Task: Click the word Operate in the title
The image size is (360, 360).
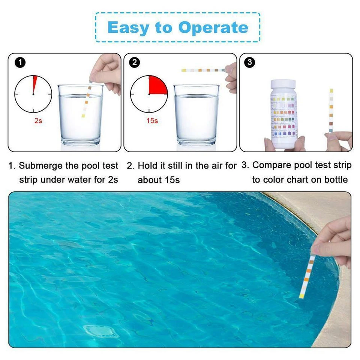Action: pos(213,28)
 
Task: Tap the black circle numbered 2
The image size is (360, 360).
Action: pos(135,63)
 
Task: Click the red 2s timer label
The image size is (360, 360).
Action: pos(38,121)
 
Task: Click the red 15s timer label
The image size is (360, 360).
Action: pos(152,121)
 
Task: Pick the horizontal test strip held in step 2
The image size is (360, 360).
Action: pos(202,70)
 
